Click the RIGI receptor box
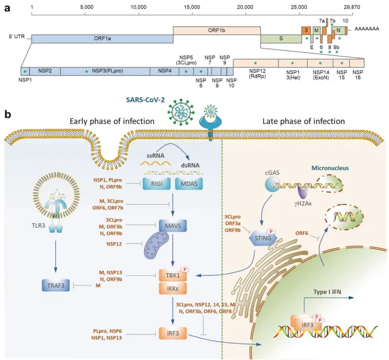157,183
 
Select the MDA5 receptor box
189,183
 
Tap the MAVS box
173,226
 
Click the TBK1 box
173,275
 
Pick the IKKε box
173,288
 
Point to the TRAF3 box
56,285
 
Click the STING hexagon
263,238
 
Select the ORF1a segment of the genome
102,39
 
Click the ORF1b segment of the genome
217,30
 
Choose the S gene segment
281,39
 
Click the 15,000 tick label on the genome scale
192,7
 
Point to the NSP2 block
45,71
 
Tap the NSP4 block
165,71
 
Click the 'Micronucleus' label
330,168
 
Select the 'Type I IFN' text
327,291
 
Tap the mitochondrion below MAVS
157,246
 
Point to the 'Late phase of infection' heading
304,121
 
